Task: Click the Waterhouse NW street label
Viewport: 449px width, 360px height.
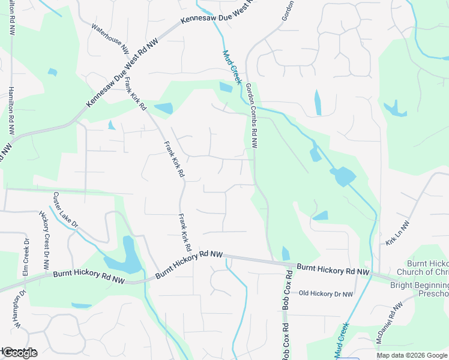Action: [x=110, y=37]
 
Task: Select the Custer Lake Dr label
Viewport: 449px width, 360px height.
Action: [x=65, y=209]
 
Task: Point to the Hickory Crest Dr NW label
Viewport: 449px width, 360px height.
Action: [x=44, y=240]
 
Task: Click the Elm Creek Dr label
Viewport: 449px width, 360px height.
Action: [x=26, y=257]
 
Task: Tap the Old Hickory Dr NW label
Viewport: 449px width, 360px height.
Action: [x=326, y=293]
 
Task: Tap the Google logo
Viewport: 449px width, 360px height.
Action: [x=20, y=353]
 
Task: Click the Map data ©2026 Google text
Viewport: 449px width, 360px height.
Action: [x=412, y=355]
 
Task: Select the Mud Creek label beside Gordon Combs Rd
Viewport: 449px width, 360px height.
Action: [x=231, y=66]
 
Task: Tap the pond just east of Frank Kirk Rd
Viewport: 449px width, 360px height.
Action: [x=163, y=109]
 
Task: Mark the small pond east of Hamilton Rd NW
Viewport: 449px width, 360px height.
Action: [x=52, y=73]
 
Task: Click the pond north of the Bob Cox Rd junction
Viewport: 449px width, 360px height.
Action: [x=285, y=254]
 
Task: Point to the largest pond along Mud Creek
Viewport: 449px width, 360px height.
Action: [x=343, y=176]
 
